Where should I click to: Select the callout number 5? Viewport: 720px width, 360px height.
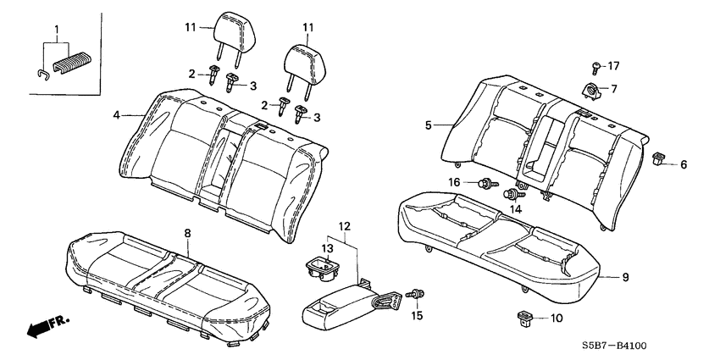click(429, 125)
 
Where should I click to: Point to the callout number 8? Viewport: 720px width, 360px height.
click(187, 231)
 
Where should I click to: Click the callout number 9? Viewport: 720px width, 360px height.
click(626, 275)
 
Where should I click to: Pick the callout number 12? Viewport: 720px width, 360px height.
click(343, 226)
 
